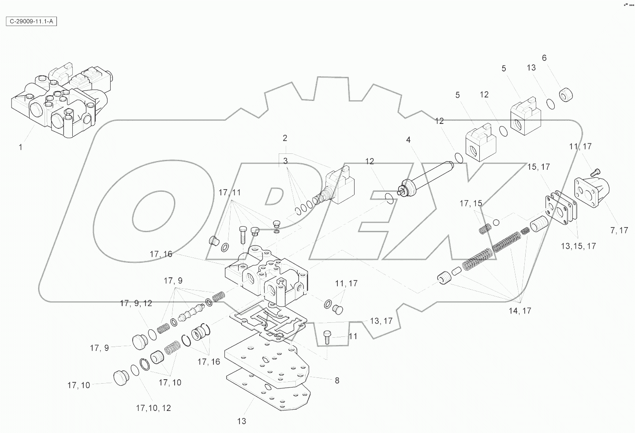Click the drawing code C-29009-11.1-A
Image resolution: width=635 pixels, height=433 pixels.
[31, 21]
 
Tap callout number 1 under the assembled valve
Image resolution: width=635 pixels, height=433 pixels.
[20, 147]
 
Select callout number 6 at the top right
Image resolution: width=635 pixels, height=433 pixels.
[544, 58]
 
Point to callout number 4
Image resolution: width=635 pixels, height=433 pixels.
[408, 140]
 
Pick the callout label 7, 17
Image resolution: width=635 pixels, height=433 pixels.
[619, 230]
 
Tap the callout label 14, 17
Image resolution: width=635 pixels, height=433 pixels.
[520, 311]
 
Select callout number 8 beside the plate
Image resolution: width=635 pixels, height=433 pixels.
[337, 380]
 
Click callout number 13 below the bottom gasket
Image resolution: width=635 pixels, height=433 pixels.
[242, 421]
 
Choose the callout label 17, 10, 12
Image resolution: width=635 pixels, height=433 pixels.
[153, 408]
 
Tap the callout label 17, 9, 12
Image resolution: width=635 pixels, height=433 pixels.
[136, 303]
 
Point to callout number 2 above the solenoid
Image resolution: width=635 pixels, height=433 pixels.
[285, 138]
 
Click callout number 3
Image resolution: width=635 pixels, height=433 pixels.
[285, 161]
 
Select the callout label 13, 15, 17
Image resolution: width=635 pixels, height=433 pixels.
[578, 246]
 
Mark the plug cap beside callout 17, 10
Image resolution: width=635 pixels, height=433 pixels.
[120, 378]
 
